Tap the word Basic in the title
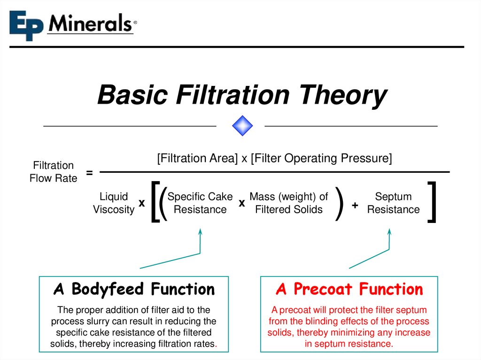click(132, 95)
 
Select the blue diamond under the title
click(242, 126)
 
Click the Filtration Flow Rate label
click(53, 172)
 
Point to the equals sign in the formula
click(89, 173)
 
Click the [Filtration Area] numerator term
click(197, 159)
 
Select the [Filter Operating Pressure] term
click(321, 159)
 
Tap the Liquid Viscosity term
click(114, 203)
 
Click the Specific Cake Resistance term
click(200, 203)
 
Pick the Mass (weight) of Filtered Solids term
click(289, 203)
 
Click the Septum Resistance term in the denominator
click(393, 203)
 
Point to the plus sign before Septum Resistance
click(355, 205)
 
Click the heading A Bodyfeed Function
click(134, 289)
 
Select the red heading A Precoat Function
click(349, 289)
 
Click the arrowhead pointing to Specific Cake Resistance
click(200, 231)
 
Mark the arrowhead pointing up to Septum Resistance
click(389, 231)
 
